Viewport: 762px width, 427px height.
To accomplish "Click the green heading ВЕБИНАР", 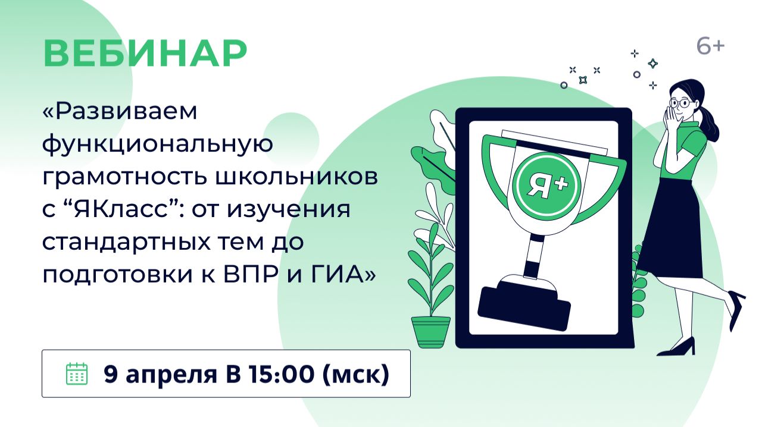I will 145,54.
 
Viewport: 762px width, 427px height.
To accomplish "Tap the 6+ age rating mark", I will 710,46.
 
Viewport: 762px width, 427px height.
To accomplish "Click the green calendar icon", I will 76,373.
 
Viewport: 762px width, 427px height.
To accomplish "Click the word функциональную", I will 158,145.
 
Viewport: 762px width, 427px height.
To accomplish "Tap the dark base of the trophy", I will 524,304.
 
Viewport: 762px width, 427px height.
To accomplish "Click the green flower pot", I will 431,331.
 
